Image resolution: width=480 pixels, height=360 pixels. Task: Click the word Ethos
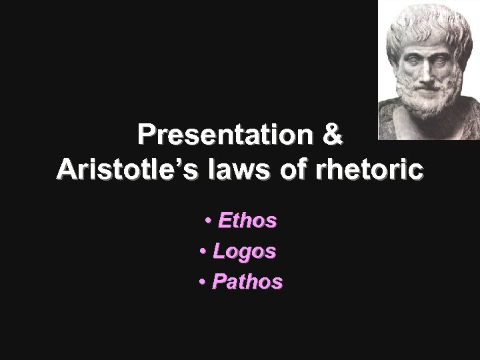coord(247,221)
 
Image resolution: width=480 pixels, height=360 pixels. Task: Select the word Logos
coord(244,251)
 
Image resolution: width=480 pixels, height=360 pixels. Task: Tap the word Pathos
coord(247,282)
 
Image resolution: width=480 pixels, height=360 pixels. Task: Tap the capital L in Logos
coord(219,251)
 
